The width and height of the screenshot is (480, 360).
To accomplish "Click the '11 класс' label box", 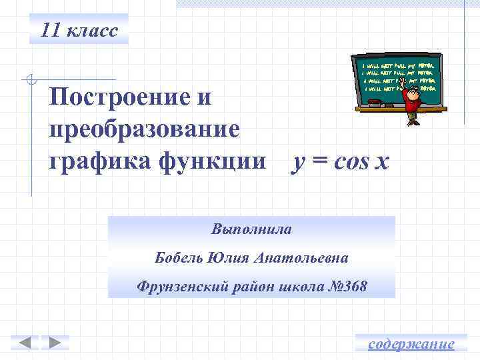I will click(x=79, y=29).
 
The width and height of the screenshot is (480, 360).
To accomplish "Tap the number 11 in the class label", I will click(x=50, y=30).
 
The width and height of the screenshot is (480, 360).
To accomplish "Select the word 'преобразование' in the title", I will click(x=143, y=128).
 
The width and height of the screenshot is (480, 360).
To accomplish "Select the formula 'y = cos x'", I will click(x=339, y=161).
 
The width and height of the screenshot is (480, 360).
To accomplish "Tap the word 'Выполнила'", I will click(x=251, y=229).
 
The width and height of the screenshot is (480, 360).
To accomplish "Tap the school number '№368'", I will click(x=345, y=287).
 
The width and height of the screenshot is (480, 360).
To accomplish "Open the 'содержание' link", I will click(x=411, y=344).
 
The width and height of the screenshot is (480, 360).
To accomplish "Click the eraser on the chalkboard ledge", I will click(x=374, y=103).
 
